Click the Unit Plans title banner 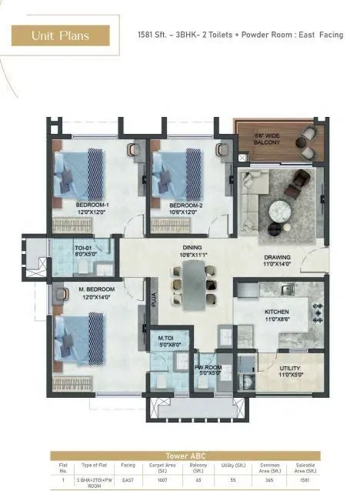[x=60, y=35]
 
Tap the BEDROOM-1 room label [x=92, y=205]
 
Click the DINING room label [x=191, y=248]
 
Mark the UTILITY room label [x=290, y=369]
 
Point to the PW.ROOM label [x=208, y=369]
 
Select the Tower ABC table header [x=179, y=455]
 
